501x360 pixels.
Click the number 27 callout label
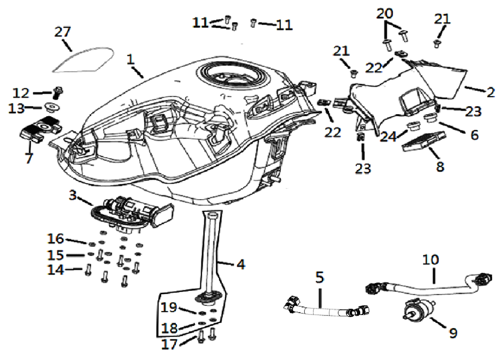[x=63, y=32]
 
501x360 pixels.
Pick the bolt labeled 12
[x=57, y=92]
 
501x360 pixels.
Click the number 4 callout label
[x=241, y=264]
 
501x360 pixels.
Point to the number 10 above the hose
[x=430, y=260]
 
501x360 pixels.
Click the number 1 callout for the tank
[x=130, y=59]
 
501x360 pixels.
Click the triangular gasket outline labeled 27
[x=83, y=59]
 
